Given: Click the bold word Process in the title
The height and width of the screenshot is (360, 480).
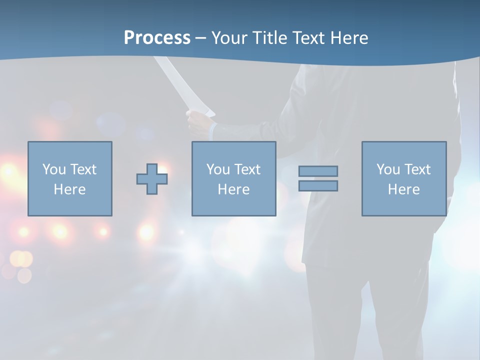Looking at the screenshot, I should tap(157, 38).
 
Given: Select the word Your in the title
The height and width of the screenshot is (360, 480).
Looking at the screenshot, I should tap(230, 38).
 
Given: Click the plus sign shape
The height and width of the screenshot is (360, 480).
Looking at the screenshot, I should tap(152, 179).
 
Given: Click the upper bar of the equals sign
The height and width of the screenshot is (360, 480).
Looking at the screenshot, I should tap(318, 171).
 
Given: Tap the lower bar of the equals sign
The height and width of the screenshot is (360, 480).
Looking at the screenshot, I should tap(318, 185).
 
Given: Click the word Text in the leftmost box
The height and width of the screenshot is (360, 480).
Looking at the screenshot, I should tap(83, 169).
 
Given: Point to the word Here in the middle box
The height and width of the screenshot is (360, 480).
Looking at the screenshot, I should tap(233, 189).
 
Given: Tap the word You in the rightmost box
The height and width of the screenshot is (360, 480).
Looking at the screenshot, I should tap(388, 169).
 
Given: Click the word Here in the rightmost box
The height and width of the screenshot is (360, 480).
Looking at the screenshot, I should tap(403, 189).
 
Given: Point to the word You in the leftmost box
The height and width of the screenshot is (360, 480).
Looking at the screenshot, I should tap(54, 169).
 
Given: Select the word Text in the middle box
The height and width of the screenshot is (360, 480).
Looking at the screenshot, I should tap(247, 169).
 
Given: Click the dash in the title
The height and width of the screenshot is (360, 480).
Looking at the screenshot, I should tap(200, 38).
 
